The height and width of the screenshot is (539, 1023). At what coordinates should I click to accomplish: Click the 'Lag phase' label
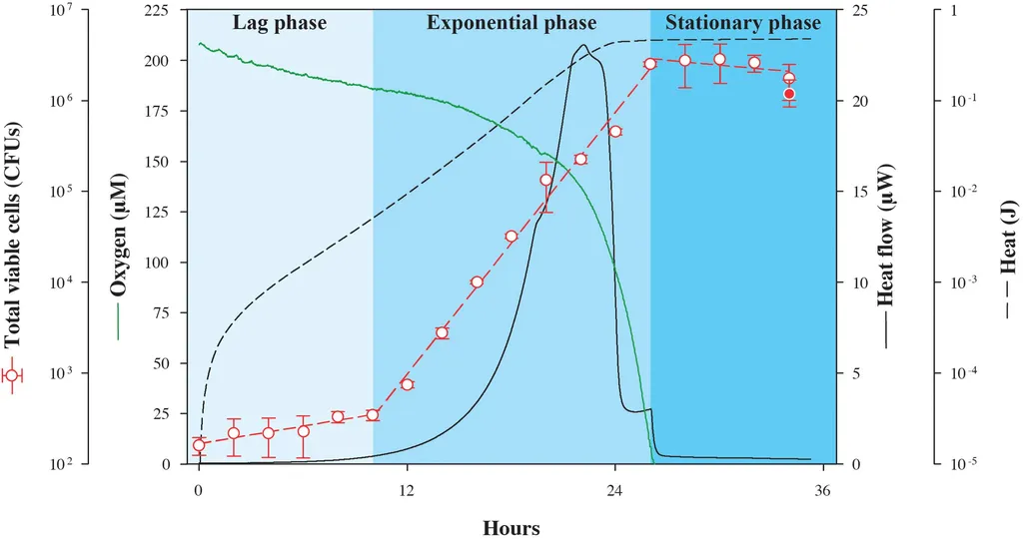[280, 23]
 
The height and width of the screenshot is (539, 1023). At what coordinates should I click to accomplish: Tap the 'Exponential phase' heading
[511, 23]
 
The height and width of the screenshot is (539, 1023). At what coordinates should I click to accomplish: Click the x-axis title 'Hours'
[511, 527]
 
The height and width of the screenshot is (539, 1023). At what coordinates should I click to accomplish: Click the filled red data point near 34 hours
[789, 94]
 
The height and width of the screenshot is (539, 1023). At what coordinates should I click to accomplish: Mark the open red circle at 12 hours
[407, 384]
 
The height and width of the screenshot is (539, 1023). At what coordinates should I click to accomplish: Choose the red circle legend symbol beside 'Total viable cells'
[13, 375]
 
